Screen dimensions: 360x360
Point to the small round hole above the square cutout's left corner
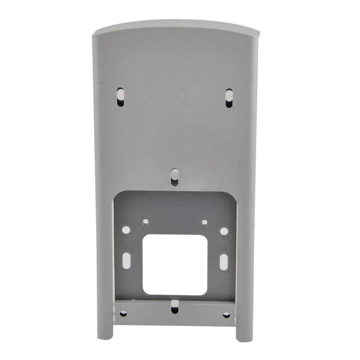145,222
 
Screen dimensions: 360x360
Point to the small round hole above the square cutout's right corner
205,222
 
